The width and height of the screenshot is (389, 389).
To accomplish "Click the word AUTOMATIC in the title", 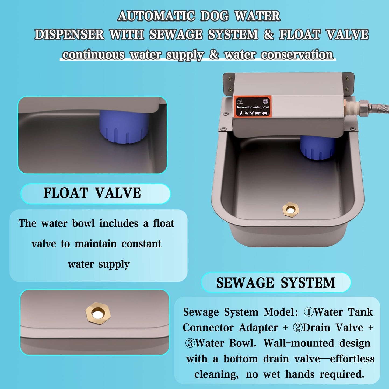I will (156, 16).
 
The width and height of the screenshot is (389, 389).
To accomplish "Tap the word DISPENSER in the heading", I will (69, 35).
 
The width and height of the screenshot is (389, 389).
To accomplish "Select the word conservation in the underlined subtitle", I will (297, 55).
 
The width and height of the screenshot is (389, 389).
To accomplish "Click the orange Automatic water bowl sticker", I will (253, 107).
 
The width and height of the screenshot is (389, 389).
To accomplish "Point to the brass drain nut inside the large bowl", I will (291, 209).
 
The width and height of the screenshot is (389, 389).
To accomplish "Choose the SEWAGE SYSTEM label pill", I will (276, 283).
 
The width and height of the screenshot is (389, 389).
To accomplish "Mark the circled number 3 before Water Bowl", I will (190, 343).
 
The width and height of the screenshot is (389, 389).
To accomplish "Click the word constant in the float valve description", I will (141, 244).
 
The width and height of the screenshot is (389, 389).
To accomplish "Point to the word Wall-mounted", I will (299, 343).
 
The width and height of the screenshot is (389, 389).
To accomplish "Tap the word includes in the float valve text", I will (119, 223).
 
